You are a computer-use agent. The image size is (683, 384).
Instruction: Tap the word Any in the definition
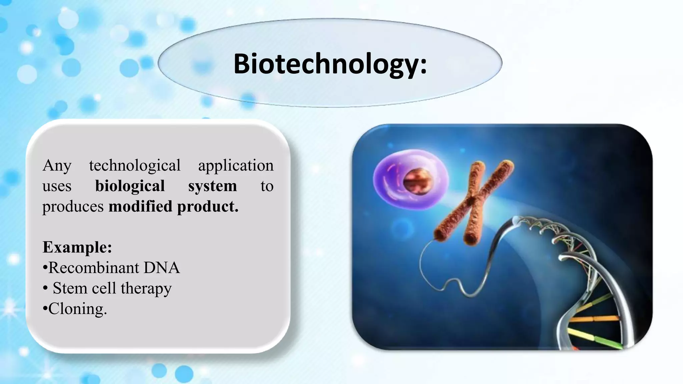tap(57, 166)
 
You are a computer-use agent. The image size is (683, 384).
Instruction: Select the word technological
tap(134, 166)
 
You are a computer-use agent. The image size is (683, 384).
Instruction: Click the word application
tap(235, 166)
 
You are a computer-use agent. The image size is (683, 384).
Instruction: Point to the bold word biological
tap(130, 186)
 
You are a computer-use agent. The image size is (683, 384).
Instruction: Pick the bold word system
tap(212, 186)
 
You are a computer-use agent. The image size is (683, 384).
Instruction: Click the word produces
tap(73, 207)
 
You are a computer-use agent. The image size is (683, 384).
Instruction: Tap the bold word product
tap(207, 206)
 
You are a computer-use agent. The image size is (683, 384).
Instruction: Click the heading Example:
tap(77, 247)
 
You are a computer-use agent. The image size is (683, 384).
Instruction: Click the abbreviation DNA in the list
tap(162, 268)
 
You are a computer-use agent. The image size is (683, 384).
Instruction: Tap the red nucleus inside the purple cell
tap(417, 182)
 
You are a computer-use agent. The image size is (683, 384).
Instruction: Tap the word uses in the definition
tap(57, 186)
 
